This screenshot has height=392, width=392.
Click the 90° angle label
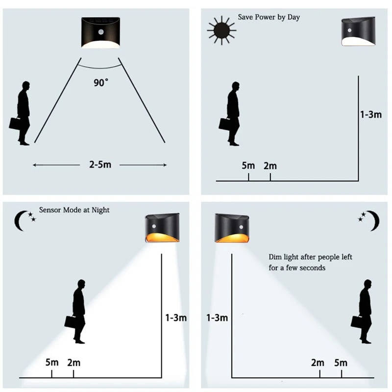100,82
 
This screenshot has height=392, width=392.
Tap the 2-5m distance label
100,165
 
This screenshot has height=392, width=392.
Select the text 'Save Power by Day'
269,17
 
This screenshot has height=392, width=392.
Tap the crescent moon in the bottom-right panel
373,220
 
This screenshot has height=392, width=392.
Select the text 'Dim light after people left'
310,257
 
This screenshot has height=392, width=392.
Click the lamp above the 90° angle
100,32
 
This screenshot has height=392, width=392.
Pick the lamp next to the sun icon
358,31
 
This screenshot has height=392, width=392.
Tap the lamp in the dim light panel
232,228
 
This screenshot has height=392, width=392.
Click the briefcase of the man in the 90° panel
15,122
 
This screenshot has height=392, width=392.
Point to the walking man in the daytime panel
233,113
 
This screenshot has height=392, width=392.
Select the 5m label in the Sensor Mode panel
52,363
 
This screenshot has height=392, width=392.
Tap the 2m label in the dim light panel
318,363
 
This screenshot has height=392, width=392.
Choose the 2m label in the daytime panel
270,166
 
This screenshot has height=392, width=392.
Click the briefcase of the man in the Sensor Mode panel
71,321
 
